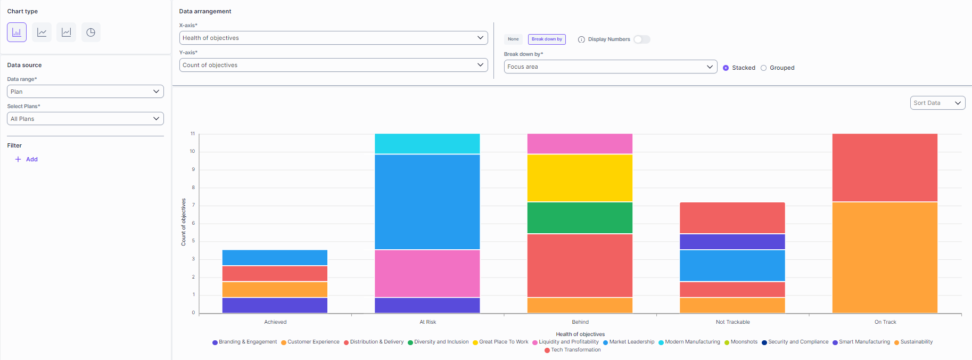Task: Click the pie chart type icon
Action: pyautogui.click(x=91, y=32)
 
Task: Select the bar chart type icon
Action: pyautogui.click(x=17, y=32)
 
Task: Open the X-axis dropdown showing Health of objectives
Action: pyautogui.click(x=333, y=38)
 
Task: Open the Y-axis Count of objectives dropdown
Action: pyautogui.click(x=333, y=65)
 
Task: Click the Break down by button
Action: pyautogui.click(x=547, y=39)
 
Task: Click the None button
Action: pyautogui.click(x=513, y=39)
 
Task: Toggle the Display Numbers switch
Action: pyautogui.click(x=641, y=39)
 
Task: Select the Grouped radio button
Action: pyautogui.click(x=764, y=68)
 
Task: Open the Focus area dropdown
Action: pyautogui.click(x=610, y=67)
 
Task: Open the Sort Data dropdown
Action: pyautogui.click(x=937, y=103)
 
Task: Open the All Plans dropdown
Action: pyautogui.click(x=85, y=119)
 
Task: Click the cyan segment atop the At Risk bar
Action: pyautogui.click(x=427, y=144)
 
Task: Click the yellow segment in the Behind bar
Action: pyautogui.click(x=580, y=178)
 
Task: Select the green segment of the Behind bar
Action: pyautogui.click(x=580, y=218)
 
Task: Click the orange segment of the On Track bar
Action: pyautogui.click(x=885, y=257)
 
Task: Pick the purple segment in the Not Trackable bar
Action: pyautogui.click(x=732, y=242)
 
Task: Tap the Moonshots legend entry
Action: pyautogui.click(x=744, y=342)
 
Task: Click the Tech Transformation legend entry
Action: pyautogui.click(x=575, y=350)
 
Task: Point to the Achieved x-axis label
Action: pyautogui.click(x=275, y=322)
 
